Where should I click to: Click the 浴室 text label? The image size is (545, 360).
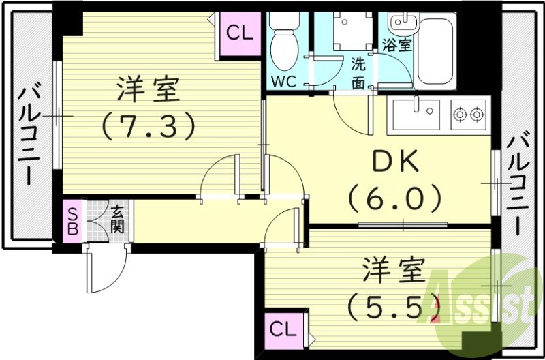(397, 46)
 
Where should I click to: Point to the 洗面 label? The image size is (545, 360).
(359, 73)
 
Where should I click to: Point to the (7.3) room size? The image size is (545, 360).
(149, 125)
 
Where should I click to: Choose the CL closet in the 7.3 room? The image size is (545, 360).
(239, 33)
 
